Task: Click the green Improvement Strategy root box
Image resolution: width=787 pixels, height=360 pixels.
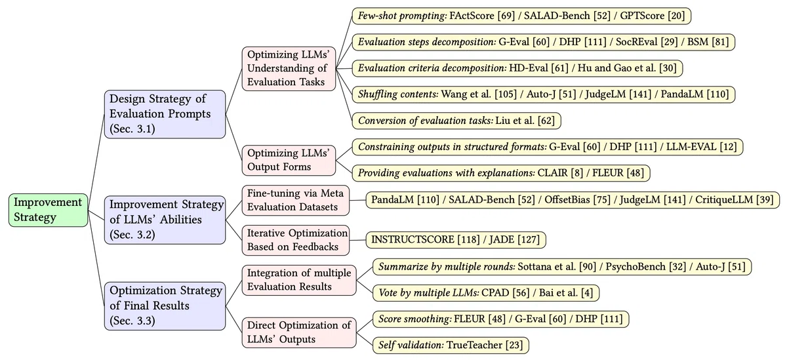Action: pyautogui.click(x=48, y=210)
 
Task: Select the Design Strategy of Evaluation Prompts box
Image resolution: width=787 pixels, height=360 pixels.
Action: pyautogui.click(x=165, y=114)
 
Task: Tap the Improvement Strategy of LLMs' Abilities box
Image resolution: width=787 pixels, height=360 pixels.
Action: pyautogui.click(x=165, y=220)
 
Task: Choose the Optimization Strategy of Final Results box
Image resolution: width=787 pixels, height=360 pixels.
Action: pyautogui.click(x=165, y=306)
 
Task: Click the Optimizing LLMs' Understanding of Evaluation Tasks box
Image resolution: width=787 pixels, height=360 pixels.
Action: pyautogui.click(x=289, y=68)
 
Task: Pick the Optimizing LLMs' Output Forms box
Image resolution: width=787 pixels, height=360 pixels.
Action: pyautogui.click(x=289, y=160)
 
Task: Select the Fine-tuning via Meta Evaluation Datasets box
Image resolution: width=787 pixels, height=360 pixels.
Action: pyautogui.click(x=296, y=200)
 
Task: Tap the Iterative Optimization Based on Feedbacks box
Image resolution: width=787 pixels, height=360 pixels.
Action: pyautogui.click(x=296, y=240)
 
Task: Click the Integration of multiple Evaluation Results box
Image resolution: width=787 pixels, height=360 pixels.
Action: pyautogui.click(x=299, y=280)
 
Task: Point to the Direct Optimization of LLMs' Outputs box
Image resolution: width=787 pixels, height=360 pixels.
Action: pyautogui.click(x=299, y=332)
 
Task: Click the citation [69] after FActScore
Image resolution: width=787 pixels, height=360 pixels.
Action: pyautogui.click(x=506, y=16)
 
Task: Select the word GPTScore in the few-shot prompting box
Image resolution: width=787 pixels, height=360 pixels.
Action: pyautogui.click(x=642, y=16)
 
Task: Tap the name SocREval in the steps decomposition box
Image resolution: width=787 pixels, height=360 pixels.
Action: pyautogui.click(x=637, y=42)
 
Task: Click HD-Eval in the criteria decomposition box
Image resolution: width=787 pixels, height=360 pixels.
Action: pyautogui.click(x=529, y=68)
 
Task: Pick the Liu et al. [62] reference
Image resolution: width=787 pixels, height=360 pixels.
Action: pyautogui.click(x=525, y=121)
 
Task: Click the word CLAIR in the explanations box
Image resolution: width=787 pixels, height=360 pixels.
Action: pyautogui.click(x=553, y=173)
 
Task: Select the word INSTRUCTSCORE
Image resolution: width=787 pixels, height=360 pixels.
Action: pyautogui.click(x=413, y=239)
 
